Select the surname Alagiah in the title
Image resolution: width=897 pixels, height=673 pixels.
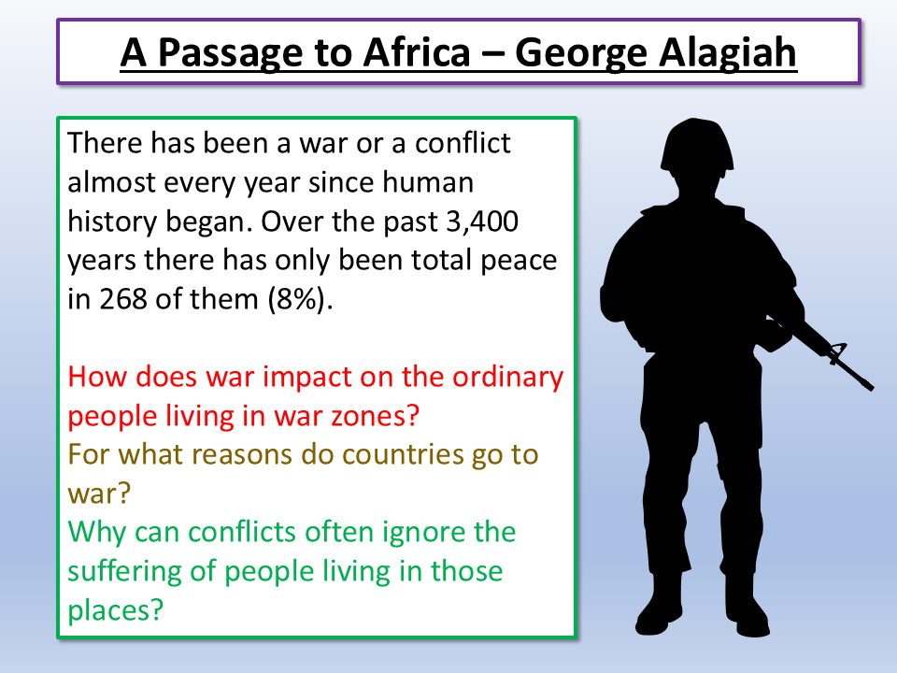pyautogui.click(x=729, y=53)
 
